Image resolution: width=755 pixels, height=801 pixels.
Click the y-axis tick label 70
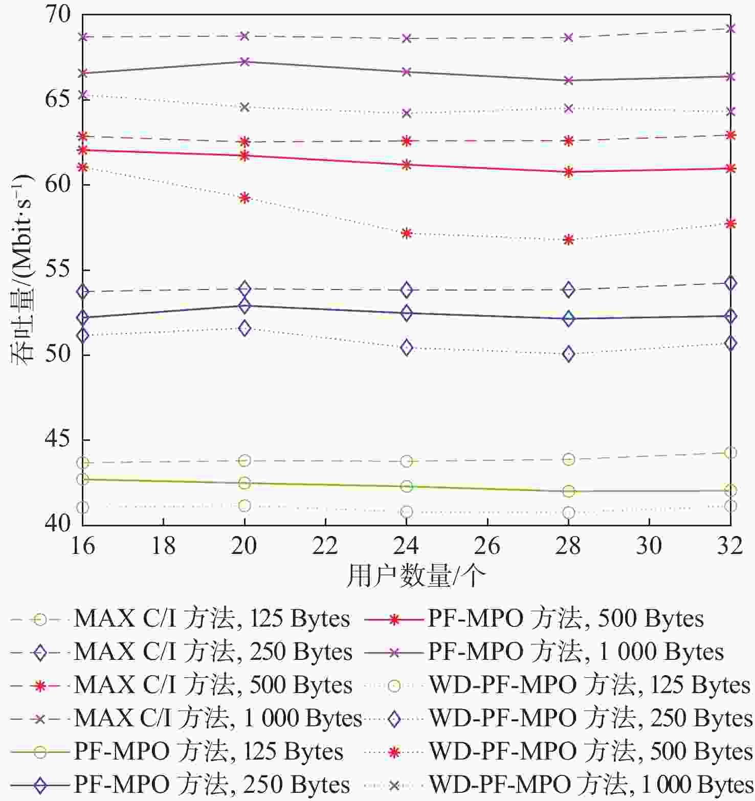coord(57,14)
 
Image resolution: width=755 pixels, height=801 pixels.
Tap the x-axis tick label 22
coord(325,546)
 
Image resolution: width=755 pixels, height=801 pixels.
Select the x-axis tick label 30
coord(649,546)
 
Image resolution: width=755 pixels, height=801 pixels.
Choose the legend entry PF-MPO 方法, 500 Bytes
coord(534,619)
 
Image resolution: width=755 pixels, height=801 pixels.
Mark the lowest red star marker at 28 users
coord(568,239)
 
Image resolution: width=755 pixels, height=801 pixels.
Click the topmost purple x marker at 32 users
coord(730,28)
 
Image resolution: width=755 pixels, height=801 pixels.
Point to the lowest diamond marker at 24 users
coord(407,348)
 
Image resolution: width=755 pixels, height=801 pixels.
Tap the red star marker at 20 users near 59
coord(245,197)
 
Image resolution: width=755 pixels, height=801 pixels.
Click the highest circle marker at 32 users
coord(730,453)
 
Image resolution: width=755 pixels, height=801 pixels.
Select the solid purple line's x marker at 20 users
coord(245,62)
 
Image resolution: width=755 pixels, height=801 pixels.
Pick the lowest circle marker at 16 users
coord(83,507)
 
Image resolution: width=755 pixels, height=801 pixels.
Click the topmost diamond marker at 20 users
coord(245,288)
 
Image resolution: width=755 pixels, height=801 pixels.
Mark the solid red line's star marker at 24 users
coord(407,164)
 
